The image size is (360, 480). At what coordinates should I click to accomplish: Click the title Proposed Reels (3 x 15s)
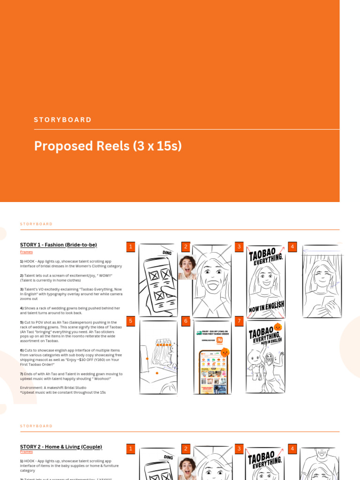pos(108,146)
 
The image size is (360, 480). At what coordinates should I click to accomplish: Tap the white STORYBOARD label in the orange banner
pos(63,120)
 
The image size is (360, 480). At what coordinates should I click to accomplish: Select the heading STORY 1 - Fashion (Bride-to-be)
pos(59,245)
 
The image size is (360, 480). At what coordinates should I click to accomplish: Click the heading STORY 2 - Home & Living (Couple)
pos(61,447)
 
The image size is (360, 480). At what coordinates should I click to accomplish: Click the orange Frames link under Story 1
pos(26,252)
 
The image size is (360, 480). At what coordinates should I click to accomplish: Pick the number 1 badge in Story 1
pos(131,247)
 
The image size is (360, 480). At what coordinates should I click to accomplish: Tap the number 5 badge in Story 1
pos(131,321)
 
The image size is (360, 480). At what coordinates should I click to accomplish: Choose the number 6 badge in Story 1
pos(186,321)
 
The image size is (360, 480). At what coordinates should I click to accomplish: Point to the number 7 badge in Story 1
pos(239,321)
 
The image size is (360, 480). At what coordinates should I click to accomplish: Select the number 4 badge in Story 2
pos(292,449)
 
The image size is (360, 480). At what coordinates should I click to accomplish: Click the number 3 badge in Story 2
pos(239,449)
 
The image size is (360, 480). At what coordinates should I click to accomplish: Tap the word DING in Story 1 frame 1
pos(167,252)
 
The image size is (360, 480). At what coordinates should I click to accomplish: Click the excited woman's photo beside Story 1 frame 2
pos(187,267)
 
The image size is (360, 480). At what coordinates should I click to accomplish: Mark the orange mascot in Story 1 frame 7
pos(277,327)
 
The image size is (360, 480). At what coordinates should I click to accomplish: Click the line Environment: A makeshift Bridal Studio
pos(47,388)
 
